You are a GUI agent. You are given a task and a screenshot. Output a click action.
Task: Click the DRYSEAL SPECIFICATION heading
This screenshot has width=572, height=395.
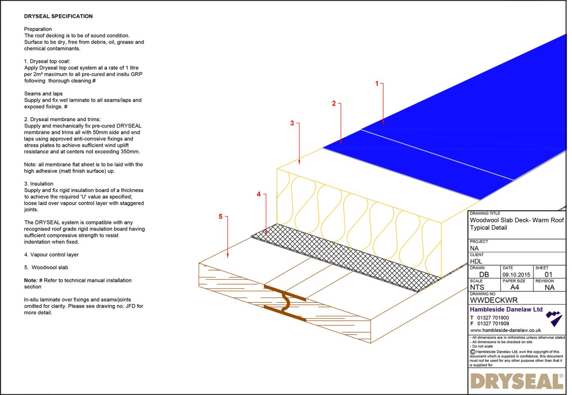[x=58, y=16]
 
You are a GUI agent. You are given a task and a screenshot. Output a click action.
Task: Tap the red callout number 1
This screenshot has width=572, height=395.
[x=377, y=84]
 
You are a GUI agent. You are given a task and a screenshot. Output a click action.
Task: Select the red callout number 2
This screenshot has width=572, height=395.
[x=333, y=104]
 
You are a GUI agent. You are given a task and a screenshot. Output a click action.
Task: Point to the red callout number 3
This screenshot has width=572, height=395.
[x=292, y=123]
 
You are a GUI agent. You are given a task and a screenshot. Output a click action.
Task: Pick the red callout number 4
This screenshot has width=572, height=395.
[x=258, y=194]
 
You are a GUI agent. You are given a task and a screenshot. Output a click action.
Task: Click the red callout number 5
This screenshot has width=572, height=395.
[x=220, y=217]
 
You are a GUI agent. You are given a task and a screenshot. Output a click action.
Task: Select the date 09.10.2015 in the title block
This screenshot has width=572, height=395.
[x=516, y=275]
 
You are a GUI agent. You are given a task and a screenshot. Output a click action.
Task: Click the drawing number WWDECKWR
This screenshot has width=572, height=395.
[x=494, y=300]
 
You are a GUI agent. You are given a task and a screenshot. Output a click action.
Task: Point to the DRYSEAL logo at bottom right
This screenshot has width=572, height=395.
[x=516, y=381]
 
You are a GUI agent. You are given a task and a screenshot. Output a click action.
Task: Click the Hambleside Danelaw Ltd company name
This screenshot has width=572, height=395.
[x=506, y=309]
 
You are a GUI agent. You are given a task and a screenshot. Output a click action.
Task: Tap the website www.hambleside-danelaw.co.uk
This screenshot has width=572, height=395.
[x=505, y=330]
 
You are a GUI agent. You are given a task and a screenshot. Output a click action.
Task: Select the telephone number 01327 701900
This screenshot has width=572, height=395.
[x=493, y=317]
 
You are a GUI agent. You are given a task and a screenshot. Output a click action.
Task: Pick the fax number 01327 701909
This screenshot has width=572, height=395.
[x=493, y=324]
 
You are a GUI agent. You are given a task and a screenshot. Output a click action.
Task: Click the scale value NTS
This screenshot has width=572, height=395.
[x=477, y=287]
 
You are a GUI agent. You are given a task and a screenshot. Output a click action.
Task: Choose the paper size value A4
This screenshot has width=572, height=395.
[x=514, y=287]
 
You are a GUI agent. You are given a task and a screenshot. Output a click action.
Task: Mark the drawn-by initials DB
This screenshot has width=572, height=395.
[x=484, y=275]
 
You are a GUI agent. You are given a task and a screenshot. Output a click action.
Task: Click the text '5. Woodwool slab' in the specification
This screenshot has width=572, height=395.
[x=46, y=267]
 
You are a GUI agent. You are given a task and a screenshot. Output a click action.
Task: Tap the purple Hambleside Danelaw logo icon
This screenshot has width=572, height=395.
[x=554, y=318]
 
